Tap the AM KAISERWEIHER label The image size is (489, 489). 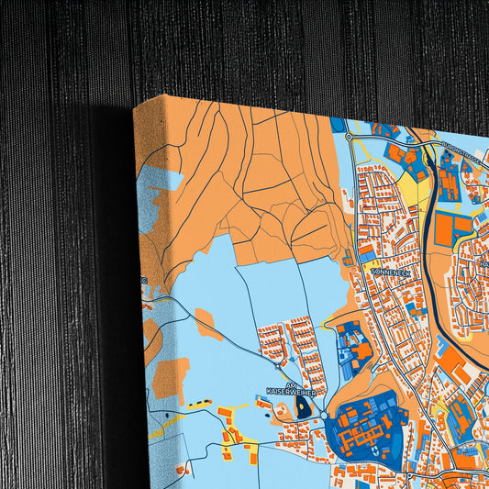pyautogui.click(x=291, y=389)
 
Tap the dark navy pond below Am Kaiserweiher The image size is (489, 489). pyautogui.click(x=304, y=409)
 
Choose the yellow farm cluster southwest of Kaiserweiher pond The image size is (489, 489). pyautogui.click(x=234, y=431)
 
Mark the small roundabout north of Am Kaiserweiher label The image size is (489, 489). pyautogui.click(x=278, y=366)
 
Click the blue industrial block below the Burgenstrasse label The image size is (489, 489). pyautogui.click(x=449, y=179)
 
